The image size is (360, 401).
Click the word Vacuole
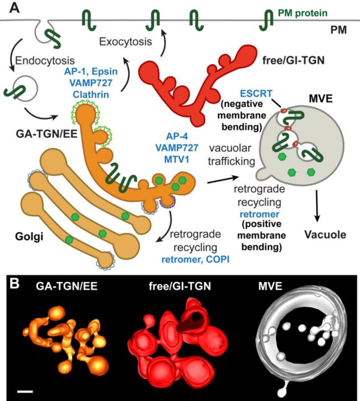315,234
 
